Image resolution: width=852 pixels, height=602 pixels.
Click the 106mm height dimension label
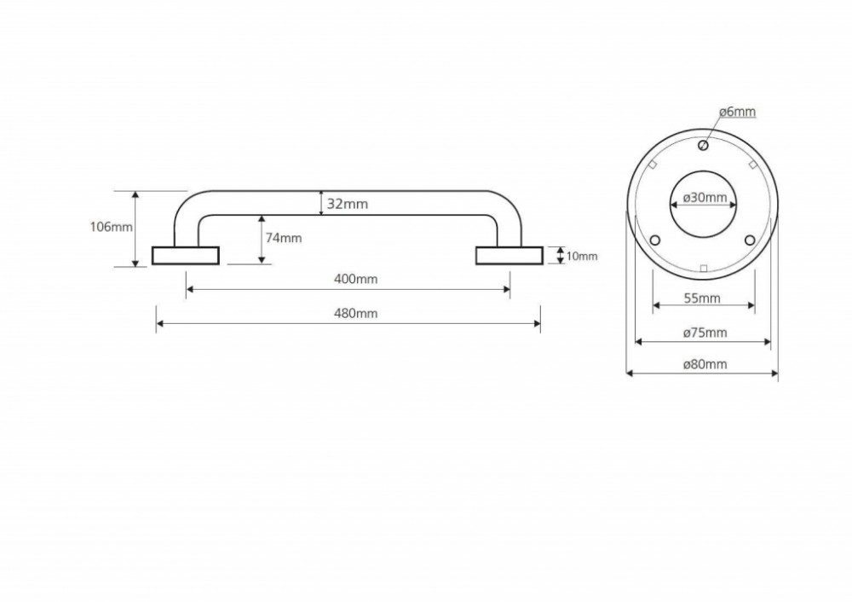pyautogui.click(x=111, y=227)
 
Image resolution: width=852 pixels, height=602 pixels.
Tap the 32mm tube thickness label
pyautogui.click(x=348, y=204)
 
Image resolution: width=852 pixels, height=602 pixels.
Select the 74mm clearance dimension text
pyautogui.click(x=284, y=238)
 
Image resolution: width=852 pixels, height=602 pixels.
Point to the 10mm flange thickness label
pyautogui.click(x=582, y=256)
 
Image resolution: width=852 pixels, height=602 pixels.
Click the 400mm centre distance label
pyautogui.click(x=355, y=279)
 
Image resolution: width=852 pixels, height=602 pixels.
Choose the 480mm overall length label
pyautogui.click(x=355, y=313)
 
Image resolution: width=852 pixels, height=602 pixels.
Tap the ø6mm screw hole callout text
pyautogui.click(x=737, y=112)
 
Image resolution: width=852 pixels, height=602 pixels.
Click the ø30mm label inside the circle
pyautogui.click(x=705, y=197)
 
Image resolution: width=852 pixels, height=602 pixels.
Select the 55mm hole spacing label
pyautogui.click(x=702, y=298)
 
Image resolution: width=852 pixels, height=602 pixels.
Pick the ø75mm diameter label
pyautogui.click(x=705, y=333)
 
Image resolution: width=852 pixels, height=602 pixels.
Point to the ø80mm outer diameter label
pyautogui.click(x=705, y=364)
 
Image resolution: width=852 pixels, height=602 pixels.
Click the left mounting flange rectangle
pyautogui.click(x=185, y=256)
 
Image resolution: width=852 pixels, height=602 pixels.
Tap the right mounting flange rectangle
pyautogui.click(x=509, y=256)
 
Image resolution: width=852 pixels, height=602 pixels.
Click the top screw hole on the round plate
pyautogui.click(x=703, y=145)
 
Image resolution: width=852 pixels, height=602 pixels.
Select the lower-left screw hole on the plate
pyautogui.click(x=655, y=240)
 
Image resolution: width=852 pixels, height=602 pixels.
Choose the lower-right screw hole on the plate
pyautogui.click(x=750, y=240)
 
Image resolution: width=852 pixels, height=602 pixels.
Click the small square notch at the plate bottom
pyautogui.click(x=704, y=268)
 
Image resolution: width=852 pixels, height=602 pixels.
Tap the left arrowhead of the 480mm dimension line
pyautogui.click(x=160, y=324)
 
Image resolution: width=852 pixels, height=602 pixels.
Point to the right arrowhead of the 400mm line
pyautogui.click(x=506, y=290)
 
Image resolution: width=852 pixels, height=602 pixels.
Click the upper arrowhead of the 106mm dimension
pyautogui.click(x=135, y=194)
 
